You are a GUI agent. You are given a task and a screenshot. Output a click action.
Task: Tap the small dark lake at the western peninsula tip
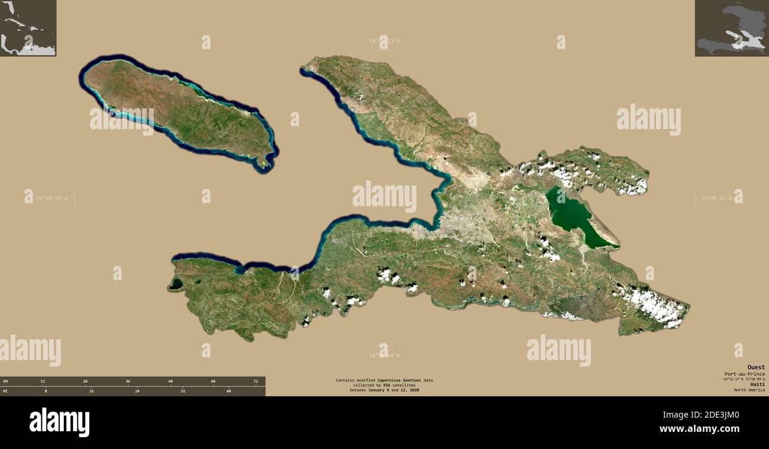pyautogui.click(x=176, y=284)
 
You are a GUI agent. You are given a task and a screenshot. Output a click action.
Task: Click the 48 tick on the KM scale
pyautogui.click(x=170, y=381)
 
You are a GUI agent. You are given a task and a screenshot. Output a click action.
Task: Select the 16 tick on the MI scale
pyautogui.click(x=91, y=391)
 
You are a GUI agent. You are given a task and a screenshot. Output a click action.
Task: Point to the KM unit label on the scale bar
pyautogui.click(x=5, y=381)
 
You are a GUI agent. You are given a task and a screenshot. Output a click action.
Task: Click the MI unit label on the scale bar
pyautogui.click(x=5, y=391)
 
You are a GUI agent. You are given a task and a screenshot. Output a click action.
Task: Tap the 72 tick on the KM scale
pyautogui.click(x=256, y=381)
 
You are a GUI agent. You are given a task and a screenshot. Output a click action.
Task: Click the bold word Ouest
pyautogui.click(x=755, y=367)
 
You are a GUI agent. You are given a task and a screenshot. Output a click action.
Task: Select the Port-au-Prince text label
pyautogui.click(x=744, y=374)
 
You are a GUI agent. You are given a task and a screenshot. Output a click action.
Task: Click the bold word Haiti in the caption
pyautogui.click(x=757, y=384)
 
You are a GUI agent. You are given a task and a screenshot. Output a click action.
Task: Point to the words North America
pyautogui.click(x=749, y=390)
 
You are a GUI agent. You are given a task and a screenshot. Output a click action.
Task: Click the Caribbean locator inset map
pyautogui.click(x=28, y=28)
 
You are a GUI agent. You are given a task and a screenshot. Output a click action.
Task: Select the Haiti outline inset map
pyautogui.click(x=731, y=28)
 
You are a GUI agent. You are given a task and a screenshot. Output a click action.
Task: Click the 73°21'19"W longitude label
pyautogui.click(x=52, y=198)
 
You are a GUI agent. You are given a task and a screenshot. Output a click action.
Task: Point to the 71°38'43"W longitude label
pyautogui.click(x=716, y=198)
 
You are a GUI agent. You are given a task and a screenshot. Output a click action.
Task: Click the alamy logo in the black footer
pyautogui.click(x=59, y=422)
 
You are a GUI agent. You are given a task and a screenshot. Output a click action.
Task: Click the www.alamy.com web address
pyautogui.click(x=699, y=429)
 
